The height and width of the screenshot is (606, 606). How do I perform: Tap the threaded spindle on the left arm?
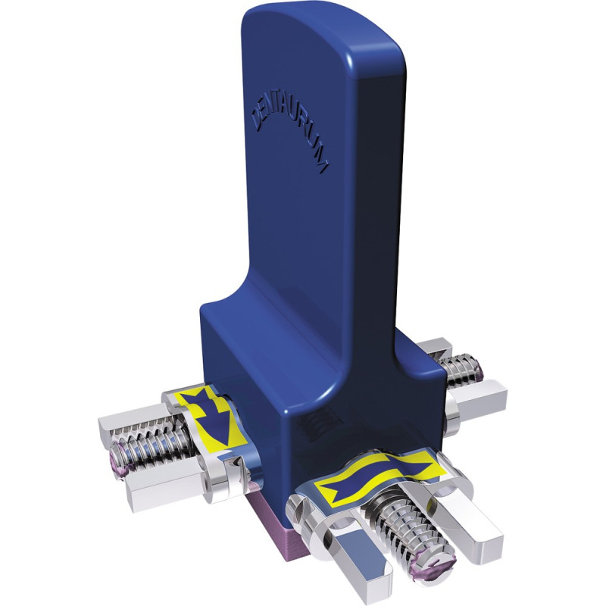[x=155, y=448]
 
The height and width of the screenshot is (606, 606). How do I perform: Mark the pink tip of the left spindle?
[x=119, y=460]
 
